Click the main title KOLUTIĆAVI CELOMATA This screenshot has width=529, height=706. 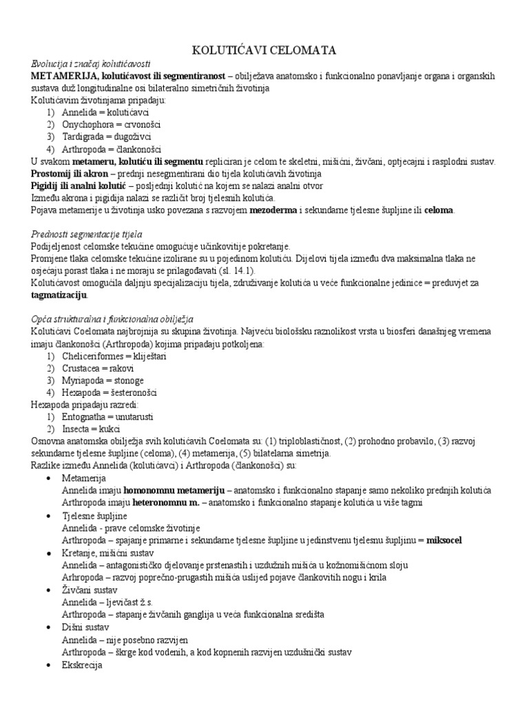coord(264,50)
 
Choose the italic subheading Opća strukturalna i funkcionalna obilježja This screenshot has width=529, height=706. coord(112,319)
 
